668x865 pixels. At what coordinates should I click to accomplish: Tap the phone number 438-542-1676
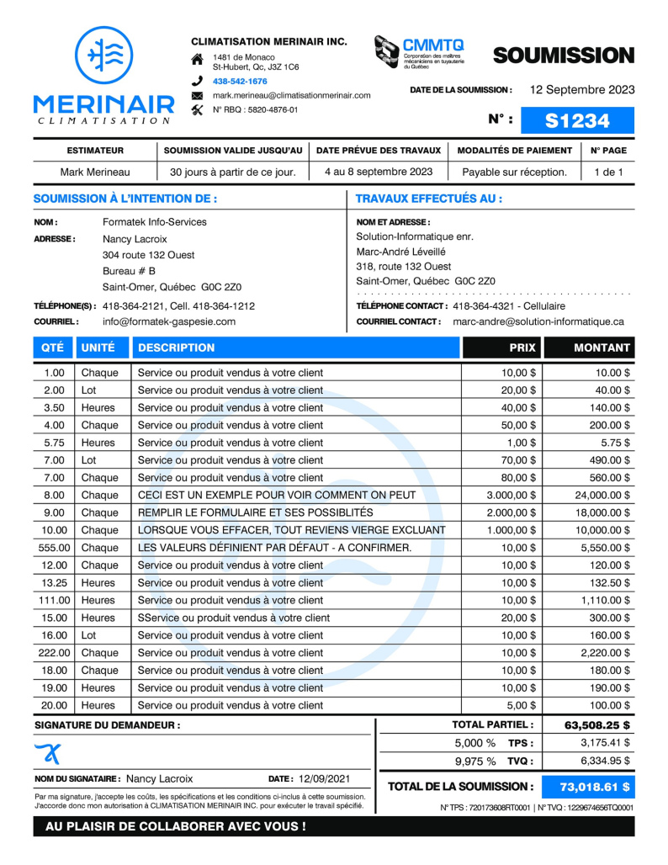click(x=240, y=82)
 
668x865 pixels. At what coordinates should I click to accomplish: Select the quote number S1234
click(x=577, y=120)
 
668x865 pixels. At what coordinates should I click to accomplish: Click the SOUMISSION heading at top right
click(x=563, y=56)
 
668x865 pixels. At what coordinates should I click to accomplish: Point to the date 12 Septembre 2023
click(x=582, y=90)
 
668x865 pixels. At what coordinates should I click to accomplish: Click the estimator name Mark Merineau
click(x=95, y=172)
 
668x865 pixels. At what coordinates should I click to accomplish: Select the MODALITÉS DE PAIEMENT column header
click(x=514, y=151)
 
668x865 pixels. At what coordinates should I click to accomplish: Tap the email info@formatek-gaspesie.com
click(x=169, y=321)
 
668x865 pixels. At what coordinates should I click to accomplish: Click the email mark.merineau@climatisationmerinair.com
click(x=291, y=96)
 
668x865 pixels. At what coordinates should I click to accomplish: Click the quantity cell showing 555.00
click(x=53, y=548)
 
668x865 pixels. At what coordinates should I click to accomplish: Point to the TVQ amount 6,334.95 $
click(x=605, y=761)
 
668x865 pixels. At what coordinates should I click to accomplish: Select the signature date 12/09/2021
click(x=324, y=779)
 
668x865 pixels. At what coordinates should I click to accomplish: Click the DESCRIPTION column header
click(x=177, y=348)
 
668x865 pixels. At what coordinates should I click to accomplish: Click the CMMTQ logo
click(x=420, y=53)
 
